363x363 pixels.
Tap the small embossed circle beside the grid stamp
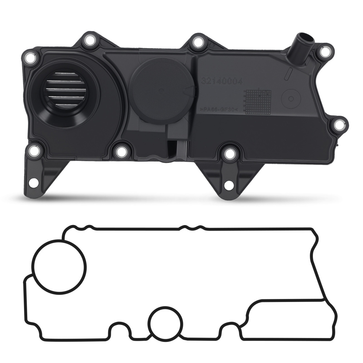point(291,99)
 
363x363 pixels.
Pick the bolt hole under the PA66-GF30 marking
point(229,154)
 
